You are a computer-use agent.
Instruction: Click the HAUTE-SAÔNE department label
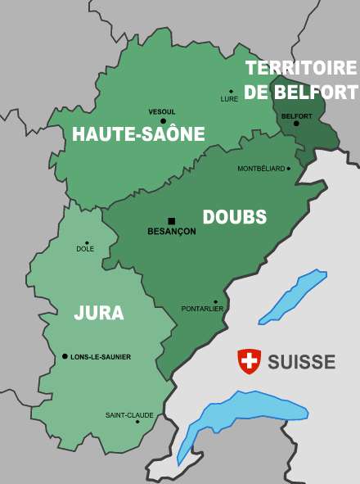click(138, 135)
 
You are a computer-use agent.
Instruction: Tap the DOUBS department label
click(234, 217)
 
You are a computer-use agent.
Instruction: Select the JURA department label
click(99, 313)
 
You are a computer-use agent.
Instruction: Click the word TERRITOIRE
click(301, 68)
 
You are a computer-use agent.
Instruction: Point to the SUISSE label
click(301, 361)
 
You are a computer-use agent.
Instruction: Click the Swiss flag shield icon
click(249, 360)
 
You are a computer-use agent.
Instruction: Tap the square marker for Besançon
click(172, 221)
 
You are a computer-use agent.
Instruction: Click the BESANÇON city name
click(172, 232)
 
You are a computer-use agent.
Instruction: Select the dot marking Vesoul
click(163, 120)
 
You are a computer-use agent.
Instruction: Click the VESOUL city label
click(162, 111)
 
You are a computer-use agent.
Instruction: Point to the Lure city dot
click(231, 92)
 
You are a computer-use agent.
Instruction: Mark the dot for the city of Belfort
click(296, 124)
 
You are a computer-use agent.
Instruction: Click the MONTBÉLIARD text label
click(261, 169)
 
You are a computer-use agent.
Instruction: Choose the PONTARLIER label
click(202, 309)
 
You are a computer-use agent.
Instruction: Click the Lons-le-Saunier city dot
click(65, 356)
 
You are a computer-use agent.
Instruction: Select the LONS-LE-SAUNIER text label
click(101, 357)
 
